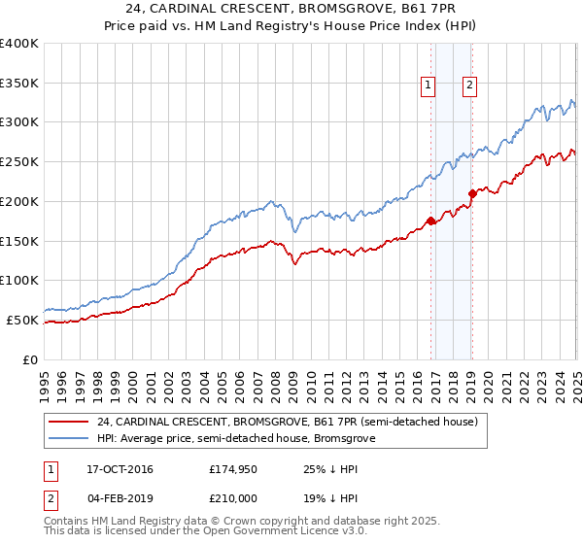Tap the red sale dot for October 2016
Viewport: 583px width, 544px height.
tap(430, 221)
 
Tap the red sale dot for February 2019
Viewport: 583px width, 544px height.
tap(471, 193)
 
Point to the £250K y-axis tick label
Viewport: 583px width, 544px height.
tap(18, 161)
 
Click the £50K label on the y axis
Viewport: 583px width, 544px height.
tap(22, 320)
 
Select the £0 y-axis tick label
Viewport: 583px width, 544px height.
tap(30, 359)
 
